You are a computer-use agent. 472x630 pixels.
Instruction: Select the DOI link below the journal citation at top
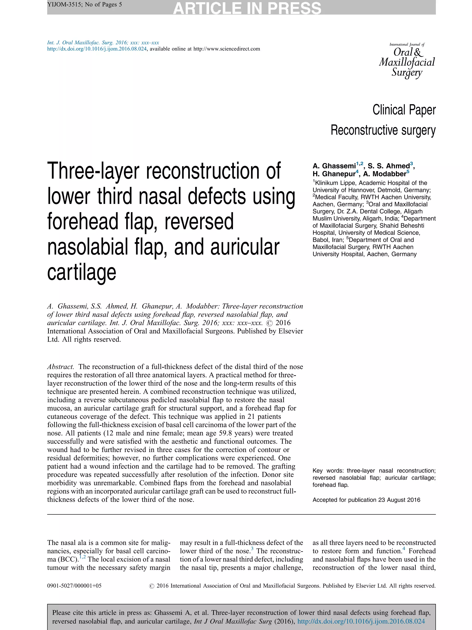coord(97,49)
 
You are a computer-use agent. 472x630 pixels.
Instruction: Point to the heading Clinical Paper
coord(404,110)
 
